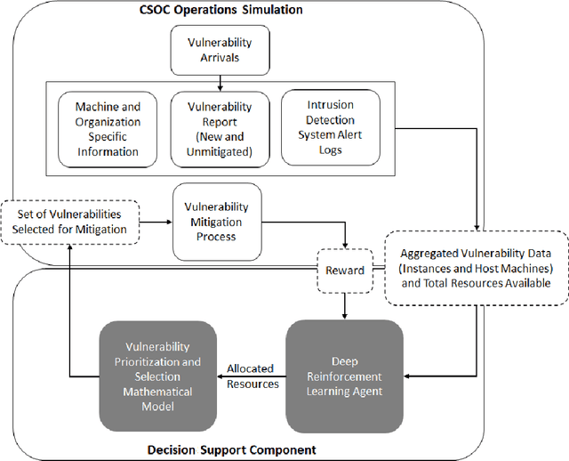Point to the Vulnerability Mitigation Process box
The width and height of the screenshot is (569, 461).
(217, 222)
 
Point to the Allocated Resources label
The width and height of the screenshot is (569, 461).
(251, 375)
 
